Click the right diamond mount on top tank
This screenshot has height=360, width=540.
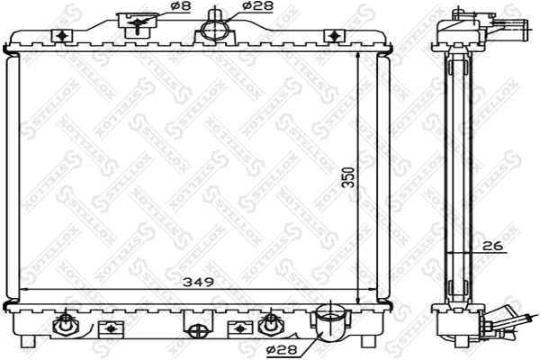[335, 36]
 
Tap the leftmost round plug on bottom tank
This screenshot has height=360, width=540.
[65, 323]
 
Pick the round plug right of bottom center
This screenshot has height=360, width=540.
[267, 323]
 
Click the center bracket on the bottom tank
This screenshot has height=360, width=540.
[197, 324]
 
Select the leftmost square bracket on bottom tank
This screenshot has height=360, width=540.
[111, 327]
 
